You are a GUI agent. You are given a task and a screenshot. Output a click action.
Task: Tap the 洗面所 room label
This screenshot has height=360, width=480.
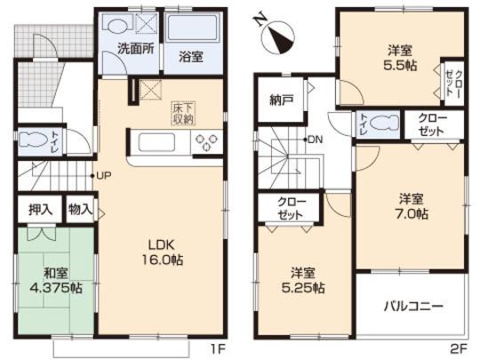coord(138,50)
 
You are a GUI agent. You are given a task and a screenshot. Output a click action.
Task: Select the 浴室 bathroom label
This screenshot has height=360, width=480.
coord(191,56)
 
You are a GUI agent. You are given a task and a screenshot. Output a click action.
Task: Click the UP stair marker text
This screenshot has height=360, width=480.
coord(104,174)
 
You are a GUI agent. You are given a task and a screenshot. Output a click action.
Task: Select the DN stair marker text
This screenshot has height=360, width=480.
coord(316,140)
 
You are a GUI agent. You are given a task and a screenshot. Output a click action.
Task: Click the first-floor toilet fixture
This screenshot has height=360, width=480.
coord(35,141)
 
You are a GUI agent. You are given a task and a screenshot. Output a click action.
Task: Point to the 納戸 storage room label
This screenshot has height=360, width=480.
coord(282,99)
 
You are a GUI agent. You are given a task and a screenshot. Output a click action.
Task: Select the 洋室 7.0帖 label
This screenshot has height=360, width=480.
coord(411,205)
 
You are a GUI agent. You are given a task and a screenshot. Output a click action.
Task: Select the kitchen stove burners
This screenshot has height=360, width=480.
coord(208,140)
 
